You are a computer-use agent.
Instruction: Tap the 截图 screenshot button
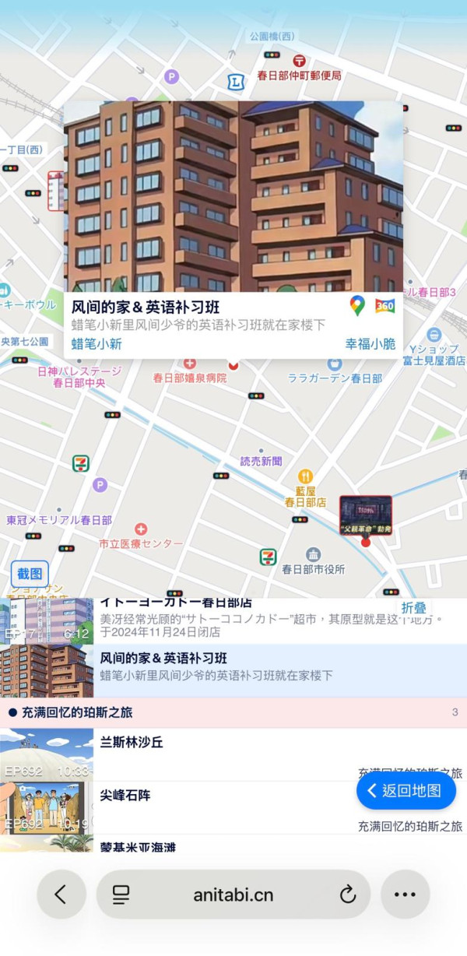[x=30, y=574]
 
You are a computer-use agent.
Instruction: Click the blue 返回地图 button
[x=406, y=790]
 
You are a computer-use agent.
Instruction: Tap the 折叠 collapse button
[x=413, y=608]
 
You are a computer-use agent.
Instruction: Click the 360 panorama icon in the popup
[x=384, y=306]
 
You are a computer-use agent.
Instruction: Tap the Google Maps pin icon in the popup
[x=357, y=305]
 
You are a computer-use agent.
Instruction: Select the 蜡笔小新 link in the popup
[x=97, y=344]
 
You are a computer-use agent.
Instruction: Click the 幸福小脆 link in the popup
[x=370, y=344]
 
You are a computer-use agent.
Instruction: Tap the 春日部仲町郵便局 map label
[x=299, y=76]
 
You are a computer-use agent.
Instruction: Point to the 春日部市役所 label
[x=313, y=569]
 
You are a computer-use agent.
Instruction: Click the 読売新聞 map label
[x=261, y=461]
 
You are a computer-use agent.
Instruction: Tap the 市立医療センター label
[x=141, y=543]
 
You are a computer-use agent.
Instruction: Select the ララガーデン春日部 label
[x=335, y=378]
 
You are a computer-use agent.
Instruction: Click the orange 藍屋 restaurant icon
[x=305, y=476]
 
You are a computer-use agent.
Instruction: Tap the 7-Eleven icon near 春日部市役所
[x=269, y=557]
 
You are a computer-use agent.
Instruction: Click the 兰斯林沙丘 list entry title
[x=132, y=743]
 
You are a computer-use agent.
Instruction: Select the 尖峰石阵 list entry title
[x=125, y=795]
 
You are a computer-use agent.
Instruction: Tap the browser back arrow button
[x=61, y=894]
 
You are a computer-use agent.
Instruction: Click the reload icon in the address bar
[x=348, y=894]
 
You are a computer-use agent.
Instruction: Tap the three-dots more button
[x=405, y=894]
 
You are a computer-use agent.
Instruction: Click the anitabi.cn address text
[x=233, y=894]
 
